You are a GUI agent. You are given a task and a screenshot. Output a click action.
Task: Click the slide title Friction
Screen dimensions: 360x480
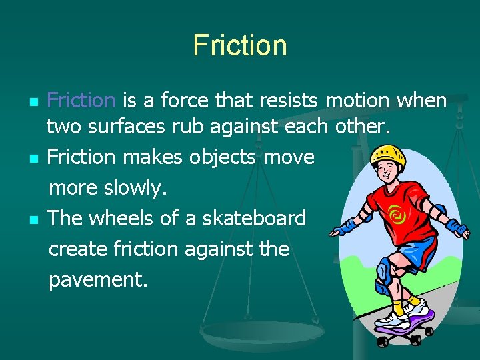click(x=240, y=45)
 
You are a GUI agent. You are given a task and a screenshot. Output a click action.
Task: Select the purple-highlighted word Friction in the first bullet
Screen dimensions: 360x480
click(x=82, y=101)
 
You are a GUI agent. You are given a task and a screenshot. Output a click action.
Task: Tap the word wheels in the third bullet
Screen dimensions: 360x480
click(x=126, y=218)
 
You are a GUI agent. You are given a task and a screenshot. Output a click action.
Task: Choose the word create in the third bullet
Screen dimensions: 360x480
click(x=79, y=249)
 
